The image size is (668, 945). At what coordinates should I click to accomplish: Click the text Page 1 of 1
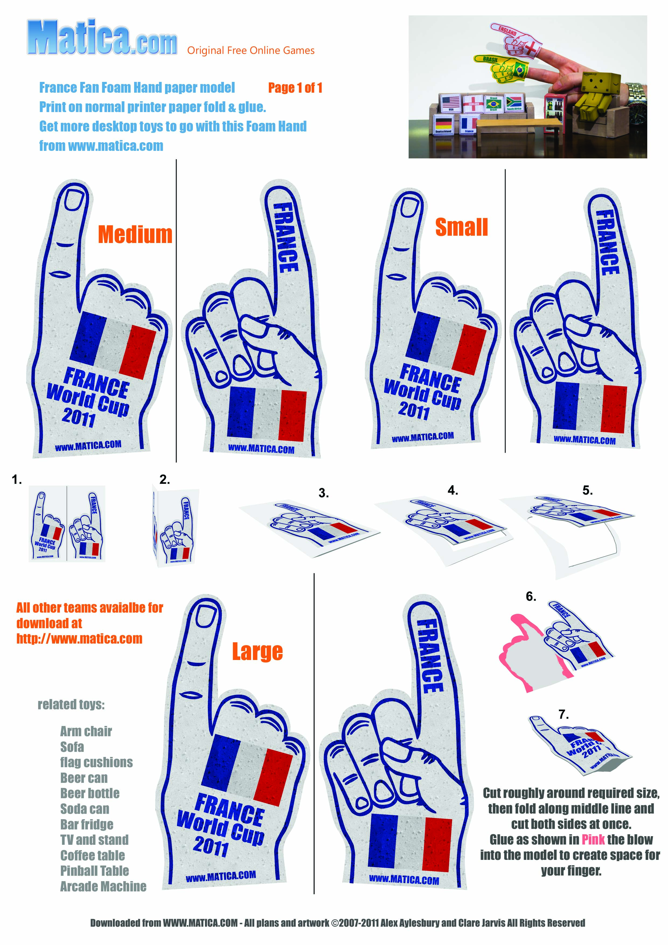coord(295,88)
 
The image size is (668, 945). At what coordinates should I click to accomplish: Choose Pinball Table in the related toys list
coord(95,870)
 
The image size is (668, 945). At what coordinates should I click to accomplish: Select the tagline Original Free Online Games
coord(251,51)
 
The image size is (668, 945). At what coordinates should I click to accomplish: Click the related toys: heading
coord(71,705)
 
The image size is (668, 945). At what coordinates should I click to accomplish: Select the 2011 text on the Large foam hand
coord(211,846)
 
